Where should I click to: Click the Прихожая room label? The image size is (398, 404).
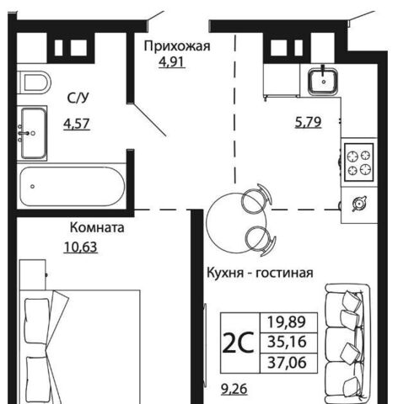point(177,46)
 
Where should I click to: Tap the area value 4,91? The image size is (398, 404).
point(172,61)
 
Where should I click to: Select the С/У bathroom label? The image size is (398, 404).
point(78,98)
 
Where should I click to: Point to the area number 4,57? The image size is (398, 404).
point(77,124)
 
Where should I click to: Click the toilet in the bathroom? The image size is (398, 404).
point(34,82)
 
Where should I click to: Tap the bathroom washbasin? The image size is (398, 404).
point(32,133)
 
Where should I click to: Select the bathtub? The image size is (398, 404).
point(73,186)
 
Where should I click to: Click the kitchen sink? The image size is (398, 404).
point(323,82)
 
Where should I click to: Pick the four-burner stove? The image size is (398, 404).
point(359,162)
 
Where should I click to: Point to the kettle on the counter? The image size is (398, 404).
point(359,203)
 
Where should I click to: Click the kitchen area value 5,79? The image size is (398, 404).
point(308,122)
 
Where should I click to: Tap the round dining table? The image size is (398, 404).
point(236,222)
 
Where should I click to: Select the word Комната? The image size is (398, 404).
point(97,227)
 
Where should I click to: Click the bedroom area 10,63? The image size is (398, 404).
point(81,247)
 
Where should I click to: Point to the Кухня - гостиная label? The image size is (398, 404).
point(260,273)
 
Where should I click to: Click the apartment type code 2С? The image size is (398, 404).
point(239,343)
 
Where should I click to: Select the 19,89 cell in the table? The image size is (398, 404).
point(287,322)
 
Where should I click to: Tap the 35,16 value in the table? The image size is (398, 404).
point(287,343)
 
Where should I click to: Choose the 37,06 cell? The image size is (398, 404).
point(287,363)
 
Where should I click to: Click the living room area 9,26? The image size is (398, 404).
point(234,389)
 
